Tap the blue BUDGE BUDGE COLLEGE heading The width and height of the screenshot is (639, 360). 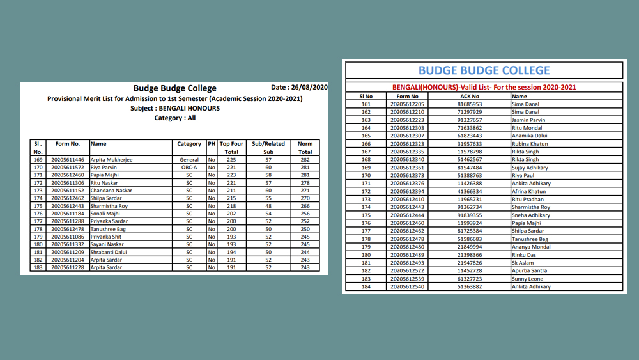coord(484,70)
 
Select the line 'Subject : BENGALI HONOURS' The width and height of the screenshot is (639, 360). coord(174,108)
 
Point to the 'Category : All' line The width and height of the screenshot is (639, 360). coord(174,118)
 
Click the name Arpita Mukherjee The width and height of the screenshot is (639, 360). coord(112,160)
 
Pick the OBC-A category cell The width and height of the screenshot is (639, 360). coord(189,168)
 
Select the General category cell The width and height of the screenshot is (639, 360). coord(189,160)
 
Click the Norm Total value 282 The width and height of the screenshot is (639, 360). coord(305,160)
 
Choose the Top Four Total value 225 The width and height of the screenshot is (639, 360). coord(231,160)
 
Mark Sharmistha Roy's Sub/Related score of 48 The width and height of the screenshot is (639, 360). coord(268,206)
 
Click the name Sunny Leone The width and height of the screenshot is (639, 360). coord(528,279)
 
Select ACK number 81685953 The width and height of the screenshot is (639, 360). coord(470,104)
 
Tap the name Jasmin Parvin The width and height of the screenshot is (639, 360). coord(528,120)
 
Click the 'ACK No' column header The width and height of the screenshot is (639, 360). coord(470,96)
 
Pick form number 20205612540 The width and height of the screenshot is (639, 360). coord(407,287)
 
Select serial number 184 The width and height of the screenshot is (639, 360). coord(366,287)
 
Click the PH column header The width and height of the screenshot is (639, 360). coord(212,144)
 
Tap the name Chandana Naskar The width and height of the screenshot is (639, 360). coord(111,191)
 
